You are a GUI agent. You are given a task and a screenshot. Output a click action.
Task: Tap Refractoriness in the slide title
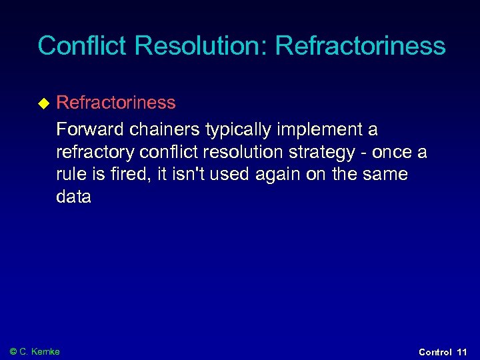[x=360, y=46]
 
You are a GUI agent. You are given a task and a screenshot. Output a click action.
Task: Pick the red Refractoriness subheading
[x=116, y=103]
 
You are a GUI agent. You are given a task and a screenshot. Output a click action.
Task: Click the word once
[x=393, y=152]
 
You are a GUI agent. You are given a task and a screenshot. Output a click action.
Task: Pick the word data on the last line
[x=73, y=197]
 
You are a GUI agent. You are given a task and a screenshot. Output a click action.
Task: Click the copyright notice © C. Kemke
[x=35, y=351]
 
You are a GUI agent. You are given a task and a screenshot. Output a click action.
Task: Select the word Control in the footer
[x=435, y=351]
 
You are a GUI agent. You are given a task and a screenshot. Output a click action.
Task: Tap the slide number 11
[x=462, y=351]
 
